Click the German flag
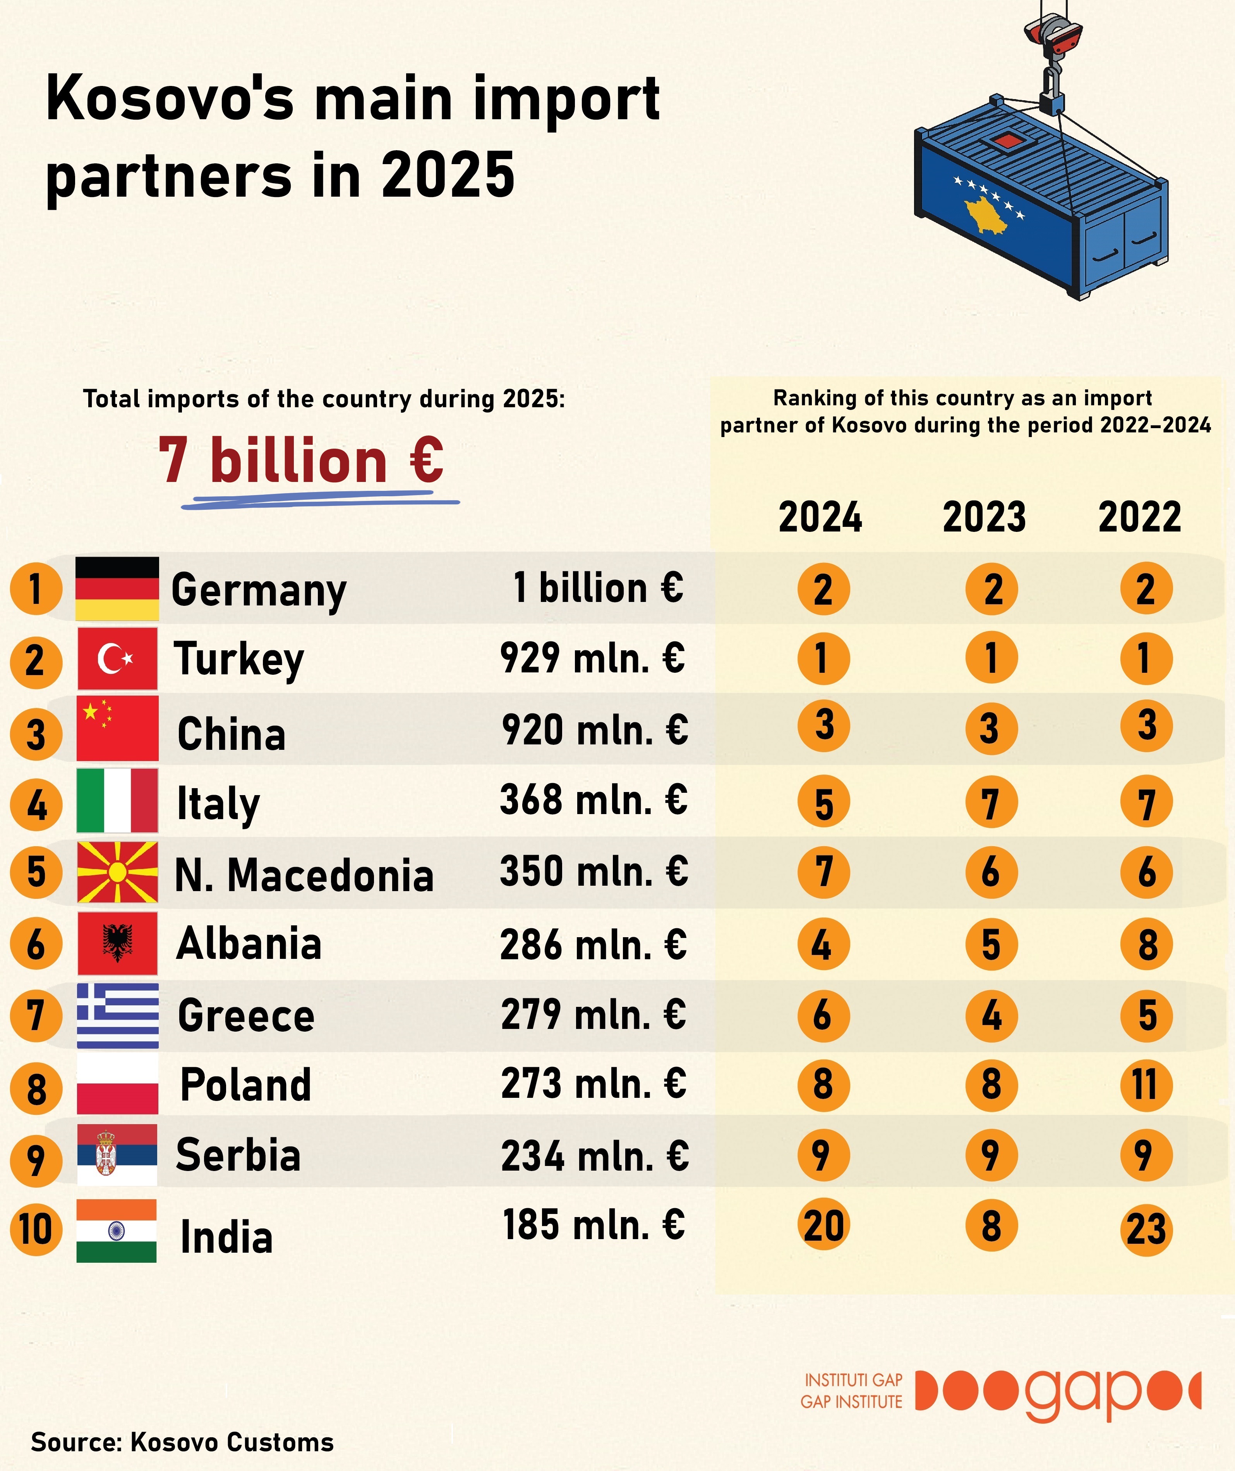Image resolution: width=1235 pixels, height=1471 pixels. coord(117,588)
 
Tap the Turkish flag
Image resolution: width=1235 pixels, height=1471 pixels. coord(117,658)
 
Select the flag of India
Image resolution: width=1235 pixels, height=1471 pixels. coord(116,1230)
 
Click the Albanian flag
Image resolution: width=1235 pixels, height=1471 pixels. coord(117,943)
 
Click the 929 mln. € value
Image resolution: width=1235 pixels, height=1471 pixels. coord(592,658)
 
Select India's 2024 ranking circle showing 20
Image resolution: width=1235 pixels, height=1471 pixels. coord(823,1226)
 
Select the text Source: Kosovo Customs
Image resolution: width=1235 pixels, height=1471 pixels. coord(182,1442)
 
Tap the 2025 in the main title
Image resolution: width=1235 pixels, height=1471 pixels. coord(448,175)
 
